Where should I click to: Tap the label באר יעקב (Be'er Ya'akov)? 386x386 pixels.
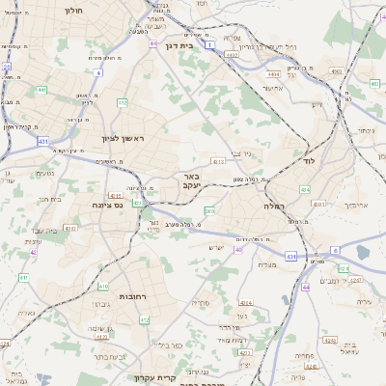[x=189, y=182]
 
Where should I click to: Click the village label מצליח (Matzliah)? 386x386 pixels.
[x=267, y=265]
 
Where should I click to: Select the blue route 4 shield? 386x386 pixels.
[x=97, y=72]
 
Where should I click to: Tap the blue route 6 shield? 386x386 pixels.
[x=335, y=249]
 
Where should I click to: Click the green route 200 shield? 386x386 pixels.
[x=209, y=210]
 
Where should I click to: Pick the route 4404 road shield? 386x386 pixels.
[x=274, y=72]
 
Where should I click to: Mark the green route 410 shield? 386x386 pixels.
[x=102, y=287]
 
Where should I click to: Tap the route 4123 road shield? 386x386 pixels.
[x=219, y=162]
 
